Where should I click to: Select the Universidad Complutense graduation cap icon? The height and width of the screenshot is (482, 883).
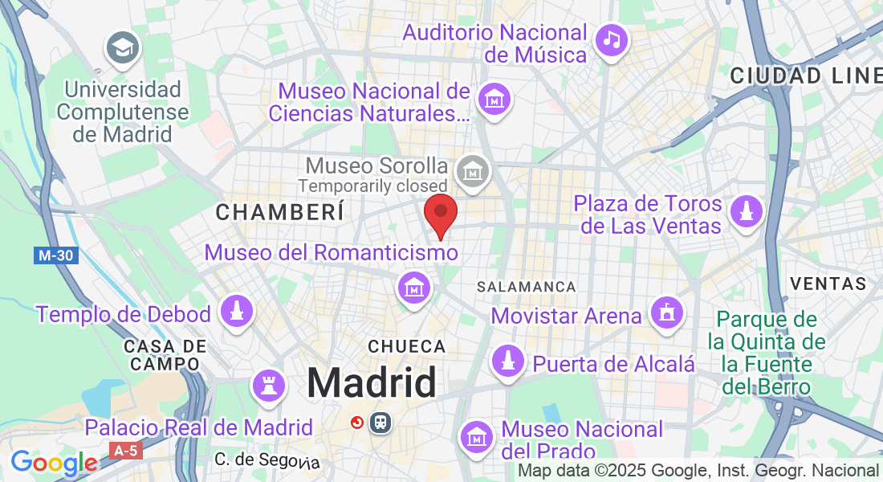click(x=123, y=49)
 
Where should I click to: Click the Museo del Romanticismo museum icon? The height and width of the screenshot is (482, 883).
click(x=414, y=286)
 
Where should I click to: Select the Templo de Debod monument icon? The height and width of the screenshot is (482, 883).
click(x=236, y=312)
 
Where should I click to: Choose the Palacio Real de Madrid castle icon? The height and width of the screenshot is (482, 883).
click(x=270, y=387)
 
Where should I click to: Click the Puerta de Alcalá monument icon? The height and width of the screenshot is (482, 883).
click(x=507, y=362)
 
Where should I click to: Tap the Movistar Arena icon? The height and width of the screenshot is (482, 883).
click(x=666, y=312)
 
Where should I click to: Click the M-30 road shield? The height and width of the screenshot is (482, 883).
click(x=56, y=255)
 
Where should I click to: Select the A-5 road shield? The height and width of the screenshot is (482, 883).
click(x=126, y=451)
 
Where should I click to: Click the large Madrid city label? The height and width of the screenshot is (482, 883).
click(x=372, y=382)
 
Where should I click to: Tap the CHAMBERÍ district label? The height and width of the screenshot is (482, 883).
click(x=280, y=212)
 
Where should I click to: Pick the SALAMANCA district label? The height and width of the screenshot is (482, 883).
click(x=526, y=287)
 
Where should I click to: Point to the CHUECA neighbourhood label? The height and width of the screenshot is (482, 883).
click(x=406, y=346)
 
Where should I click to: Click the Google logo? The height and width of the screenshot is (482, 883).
click(x=53, y=463)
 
